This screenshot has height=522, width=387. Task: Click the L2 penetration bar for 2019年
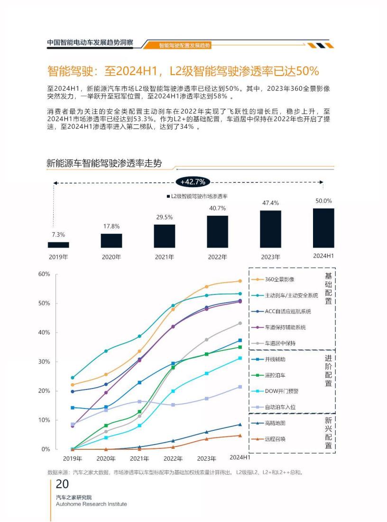click(x=58, y=245)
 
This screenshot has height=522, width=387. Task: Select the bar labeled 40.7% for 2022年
click(x=217, y=232)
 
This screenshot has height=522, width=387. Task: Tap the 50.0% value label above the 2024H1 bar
click(x=323, y=201)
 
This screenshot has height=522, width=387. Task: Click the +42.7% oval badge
click(x=193, y=182)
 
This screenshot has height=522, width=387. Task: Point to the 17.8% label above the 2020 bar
click(x=111, y=226)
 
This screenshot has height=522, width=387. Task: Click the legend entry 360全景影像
click(x=279, y=279)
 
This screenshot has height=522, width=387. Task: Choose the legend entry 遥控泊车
click(x=275, y=375)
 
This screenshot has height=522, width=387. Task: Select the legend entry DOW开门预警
click(x=281, y=391)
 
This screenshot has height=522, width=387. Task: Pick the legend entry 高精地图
click(x=275, y=423)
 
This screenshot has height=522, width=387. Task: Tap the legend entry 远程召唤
click(x=275, y=439)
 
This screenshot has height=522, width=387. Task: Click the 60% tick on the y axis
click(x=44, y=274)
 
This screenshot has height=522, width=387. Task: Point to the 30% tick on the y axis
click(x=44, y=361)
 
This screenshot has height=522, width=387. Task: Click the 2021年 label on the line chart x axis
click(x=139, y=459)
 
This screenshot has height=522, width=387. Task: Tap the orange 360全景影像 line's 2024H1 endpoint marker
click(x=240, y=281)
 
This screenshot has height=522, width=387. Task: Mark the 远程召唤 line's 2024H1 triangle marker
click(x=240, y=436)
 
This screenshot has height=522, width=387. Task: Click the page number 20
click(x=62, y=484)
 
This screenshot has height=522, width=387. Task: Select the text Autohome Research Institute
click(x=91, y=504)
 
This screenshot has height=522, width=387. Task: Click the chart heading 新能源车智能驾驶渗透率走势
click(x=104, y=164)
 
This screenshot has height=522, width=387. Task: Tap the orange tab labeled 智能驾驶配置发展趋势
click(x=185, y=46)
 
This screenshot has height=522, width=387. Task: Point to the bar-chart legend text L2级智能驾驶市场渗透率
click(x=199, y=196)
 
